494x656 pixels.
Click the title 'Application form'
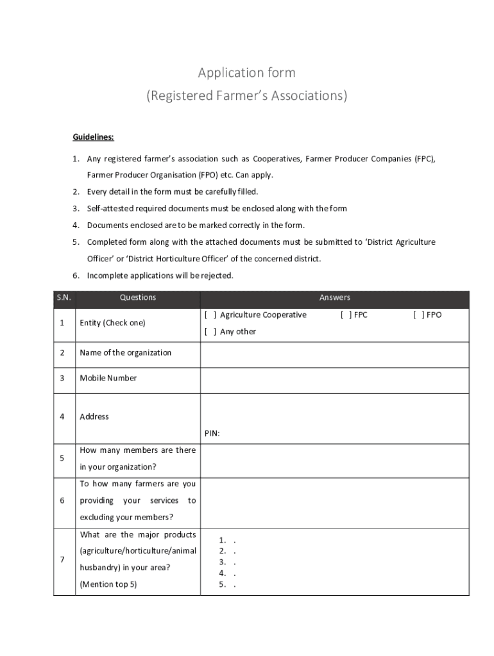pyautogui.click(x=246, y=72)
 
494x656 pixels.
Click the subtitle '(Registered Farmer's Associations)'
pyautogui.click(x=246, y=96)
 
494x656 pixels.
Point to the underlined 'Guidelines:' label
pyautogui.click(x=93, y=137)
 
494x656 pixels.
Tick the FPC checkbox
pyautogui.click(x=345, y=315)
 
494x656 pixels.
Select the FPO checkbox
pyautogui.click(x=418, y=315)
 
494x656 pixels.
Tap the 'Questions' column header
pyautogui.click(x=137, y=298)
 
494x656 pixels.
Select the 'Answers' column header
pyautogui.click(x=334, y=298)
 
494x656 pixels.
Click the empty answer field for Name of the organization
pyautogui.click(x=334, y=353)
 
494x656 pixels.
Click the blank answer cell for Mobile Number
pyautogui.click(x=334, y=379)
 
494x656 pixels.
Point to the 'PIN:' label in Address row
pyautogui.click(x=212, y=434)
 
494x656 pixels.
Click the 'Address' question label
pyautogui.click(x=94, y=416)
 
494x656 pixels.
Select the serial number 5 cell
pyautogui.click(x=62, y=459)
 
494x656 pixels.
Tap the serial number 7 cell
pyautogui.click(x=62, y=560)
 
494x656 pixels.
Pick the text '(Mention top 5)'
pyautogui.click(x=108, y=584)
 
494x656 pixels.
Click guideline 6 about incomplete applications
pyautogui.click(x=160, y=275)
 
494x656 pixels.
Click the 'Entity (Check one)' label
pyautogui.click(x=112, y=323)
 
